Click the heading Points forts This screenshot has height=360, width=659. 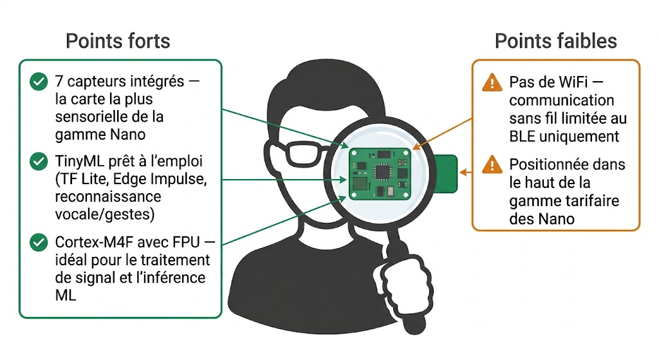click(118, 41)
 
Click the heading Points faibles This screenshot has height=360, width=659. click(555, 41)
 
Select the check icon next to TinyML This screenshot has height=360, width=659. click(39, 160)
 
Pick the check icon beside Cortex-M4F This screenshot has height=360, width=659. click(39, 242)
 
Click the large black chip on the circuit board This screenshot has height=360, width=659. click(382, 170)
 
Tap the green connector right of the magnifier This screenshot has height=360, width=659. click(445, 173)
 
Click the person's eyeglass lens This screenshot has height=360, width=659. click(301, 153)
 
